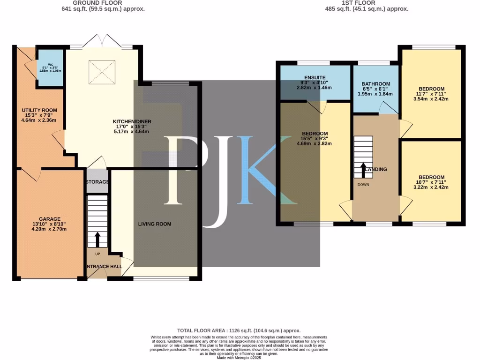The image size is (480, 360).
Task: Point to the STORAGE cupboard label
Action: click(x=97, y=182)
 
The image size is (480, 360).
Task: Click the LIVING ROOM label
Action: click(x=155, y=224)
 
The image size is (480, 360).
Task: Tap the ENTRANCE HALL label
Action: click(x=104, y=267)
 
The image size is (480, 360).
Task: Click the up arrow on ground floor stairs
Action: click(x=97, y=239)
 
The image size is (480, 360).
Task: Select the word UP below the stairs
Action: click(x=97, y=254)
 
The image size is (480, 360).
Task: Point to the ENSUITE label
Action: click(x=315, y=77)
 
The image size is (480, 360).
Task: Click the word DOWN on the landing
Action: click(x=363, y=185)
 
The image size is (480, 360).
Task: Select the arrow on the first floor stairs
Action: click(x=363, y=170)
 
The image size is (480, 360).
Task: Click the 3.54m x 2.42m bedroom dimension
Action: click(x=431, y=99)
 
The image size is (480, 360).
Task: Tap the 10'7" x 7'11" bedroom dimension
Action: click(x=431, y=182)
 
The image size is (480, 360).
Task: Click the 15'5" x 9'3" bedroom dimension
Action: click(x=315, y=139)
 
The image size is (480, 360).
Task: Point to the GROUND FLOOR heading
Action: click(x=103, y=3)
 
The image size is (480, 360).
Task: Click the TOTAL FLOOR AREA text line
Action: click(x=239, y=330)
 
